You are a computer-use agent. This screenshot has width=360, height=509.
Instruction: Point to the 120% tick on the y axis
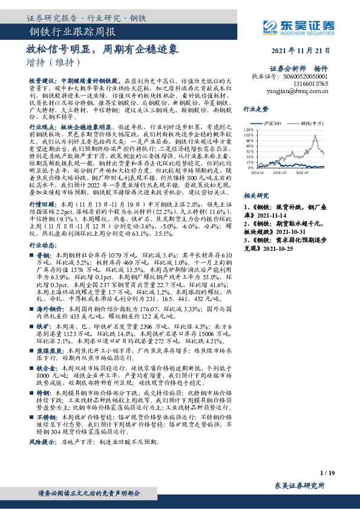pyautogui.click(x=249, y=130)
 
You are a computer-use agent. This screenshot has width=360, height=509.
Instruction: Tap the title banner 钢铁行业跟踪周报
pyautogui.click(x=73, y=31)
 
